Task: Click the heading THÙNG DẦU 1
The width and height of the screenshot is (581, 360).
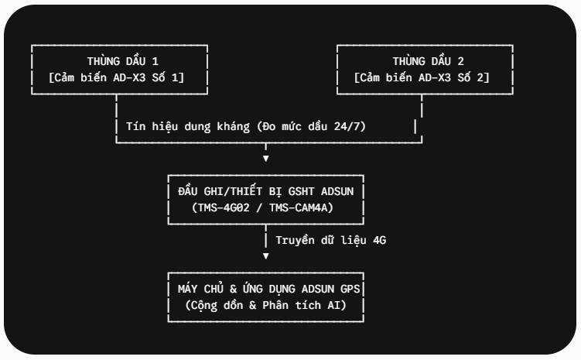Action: [x=123, y=61]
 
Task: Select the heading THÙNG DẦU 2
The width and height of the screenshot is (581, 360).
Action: [x=429, y=61]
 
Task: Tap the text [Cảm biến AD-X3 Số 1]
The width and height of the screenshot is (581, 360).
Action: [x=116, y=77]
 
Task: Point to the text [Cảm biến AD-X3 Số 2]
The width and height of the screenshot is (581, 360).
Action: [x=422, y=77]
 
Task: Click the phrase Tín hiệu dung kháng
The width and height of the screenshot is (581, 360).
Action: [x=188, y=127]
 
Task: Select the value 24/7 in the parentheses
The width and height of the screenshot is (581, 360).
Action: [x=347, y=126]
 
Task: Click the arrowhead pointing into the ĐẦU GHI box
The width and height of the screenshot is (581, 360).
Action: [x=265, y=158]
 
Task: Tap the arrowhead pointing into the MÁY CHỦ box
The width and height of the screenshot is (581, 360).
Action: [x=265, y=255]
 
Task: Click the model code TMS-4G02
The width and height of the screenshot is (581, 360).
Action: [x=224, y=207]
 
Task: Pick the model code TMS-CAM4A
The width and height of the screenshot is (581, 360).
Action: [x=299, y=207]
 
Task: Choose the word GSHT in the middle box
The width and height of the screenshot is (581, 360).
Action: [x=301, y=191]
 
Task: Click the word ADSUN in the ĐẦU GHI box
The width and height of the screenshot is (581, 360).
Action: [x=337, y=191]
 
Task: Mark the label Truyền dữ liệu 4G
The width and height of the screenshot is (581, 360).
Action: [x=331, y=240]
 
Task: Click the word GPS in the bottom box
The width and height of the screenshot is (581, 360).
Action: [x=350, y=289]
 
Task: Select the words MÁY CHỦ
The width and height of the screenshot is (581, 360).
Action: [x=200, y=288]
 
